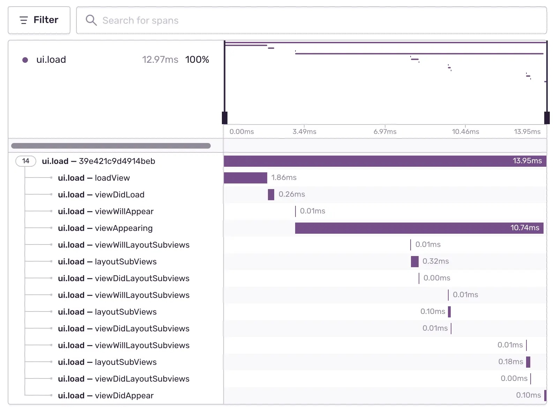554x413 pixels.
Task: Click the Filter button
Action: point(39,20)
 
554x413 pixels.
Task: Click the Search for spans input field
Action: point(314,21)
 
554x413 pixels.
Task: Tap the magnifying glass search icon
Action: point(91,20)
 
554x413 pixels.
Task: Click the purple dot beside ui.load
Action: point(25,60)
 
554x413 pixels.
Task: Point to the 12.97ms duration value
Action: point(160,60)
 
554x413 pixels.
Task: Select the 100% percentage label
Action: point(197,60)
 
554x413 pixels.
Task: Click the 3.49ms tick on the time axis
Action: point(304,132)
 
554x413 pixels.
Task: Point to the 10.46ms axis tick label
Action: point(465,132)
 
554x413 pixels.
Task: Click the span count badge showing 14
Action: point(26,161)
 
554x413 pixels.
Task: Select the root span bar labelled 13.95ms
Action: point(384,161)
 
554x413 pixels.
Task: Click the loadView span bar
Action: point(245,178)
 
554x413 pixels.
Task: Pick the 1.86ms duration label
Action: point(284,178)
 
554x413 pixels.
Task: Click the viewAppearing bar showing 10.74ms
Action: point(419,228)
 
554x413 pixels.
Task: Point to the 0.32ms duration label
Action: point(436,261)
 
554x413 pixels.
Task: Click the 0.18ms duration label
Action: point(511,362)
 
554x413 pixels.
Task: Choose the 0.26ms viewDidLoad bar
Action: point(271,195)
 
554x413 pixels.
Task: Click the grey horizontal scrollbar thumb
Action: point(111,146)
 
